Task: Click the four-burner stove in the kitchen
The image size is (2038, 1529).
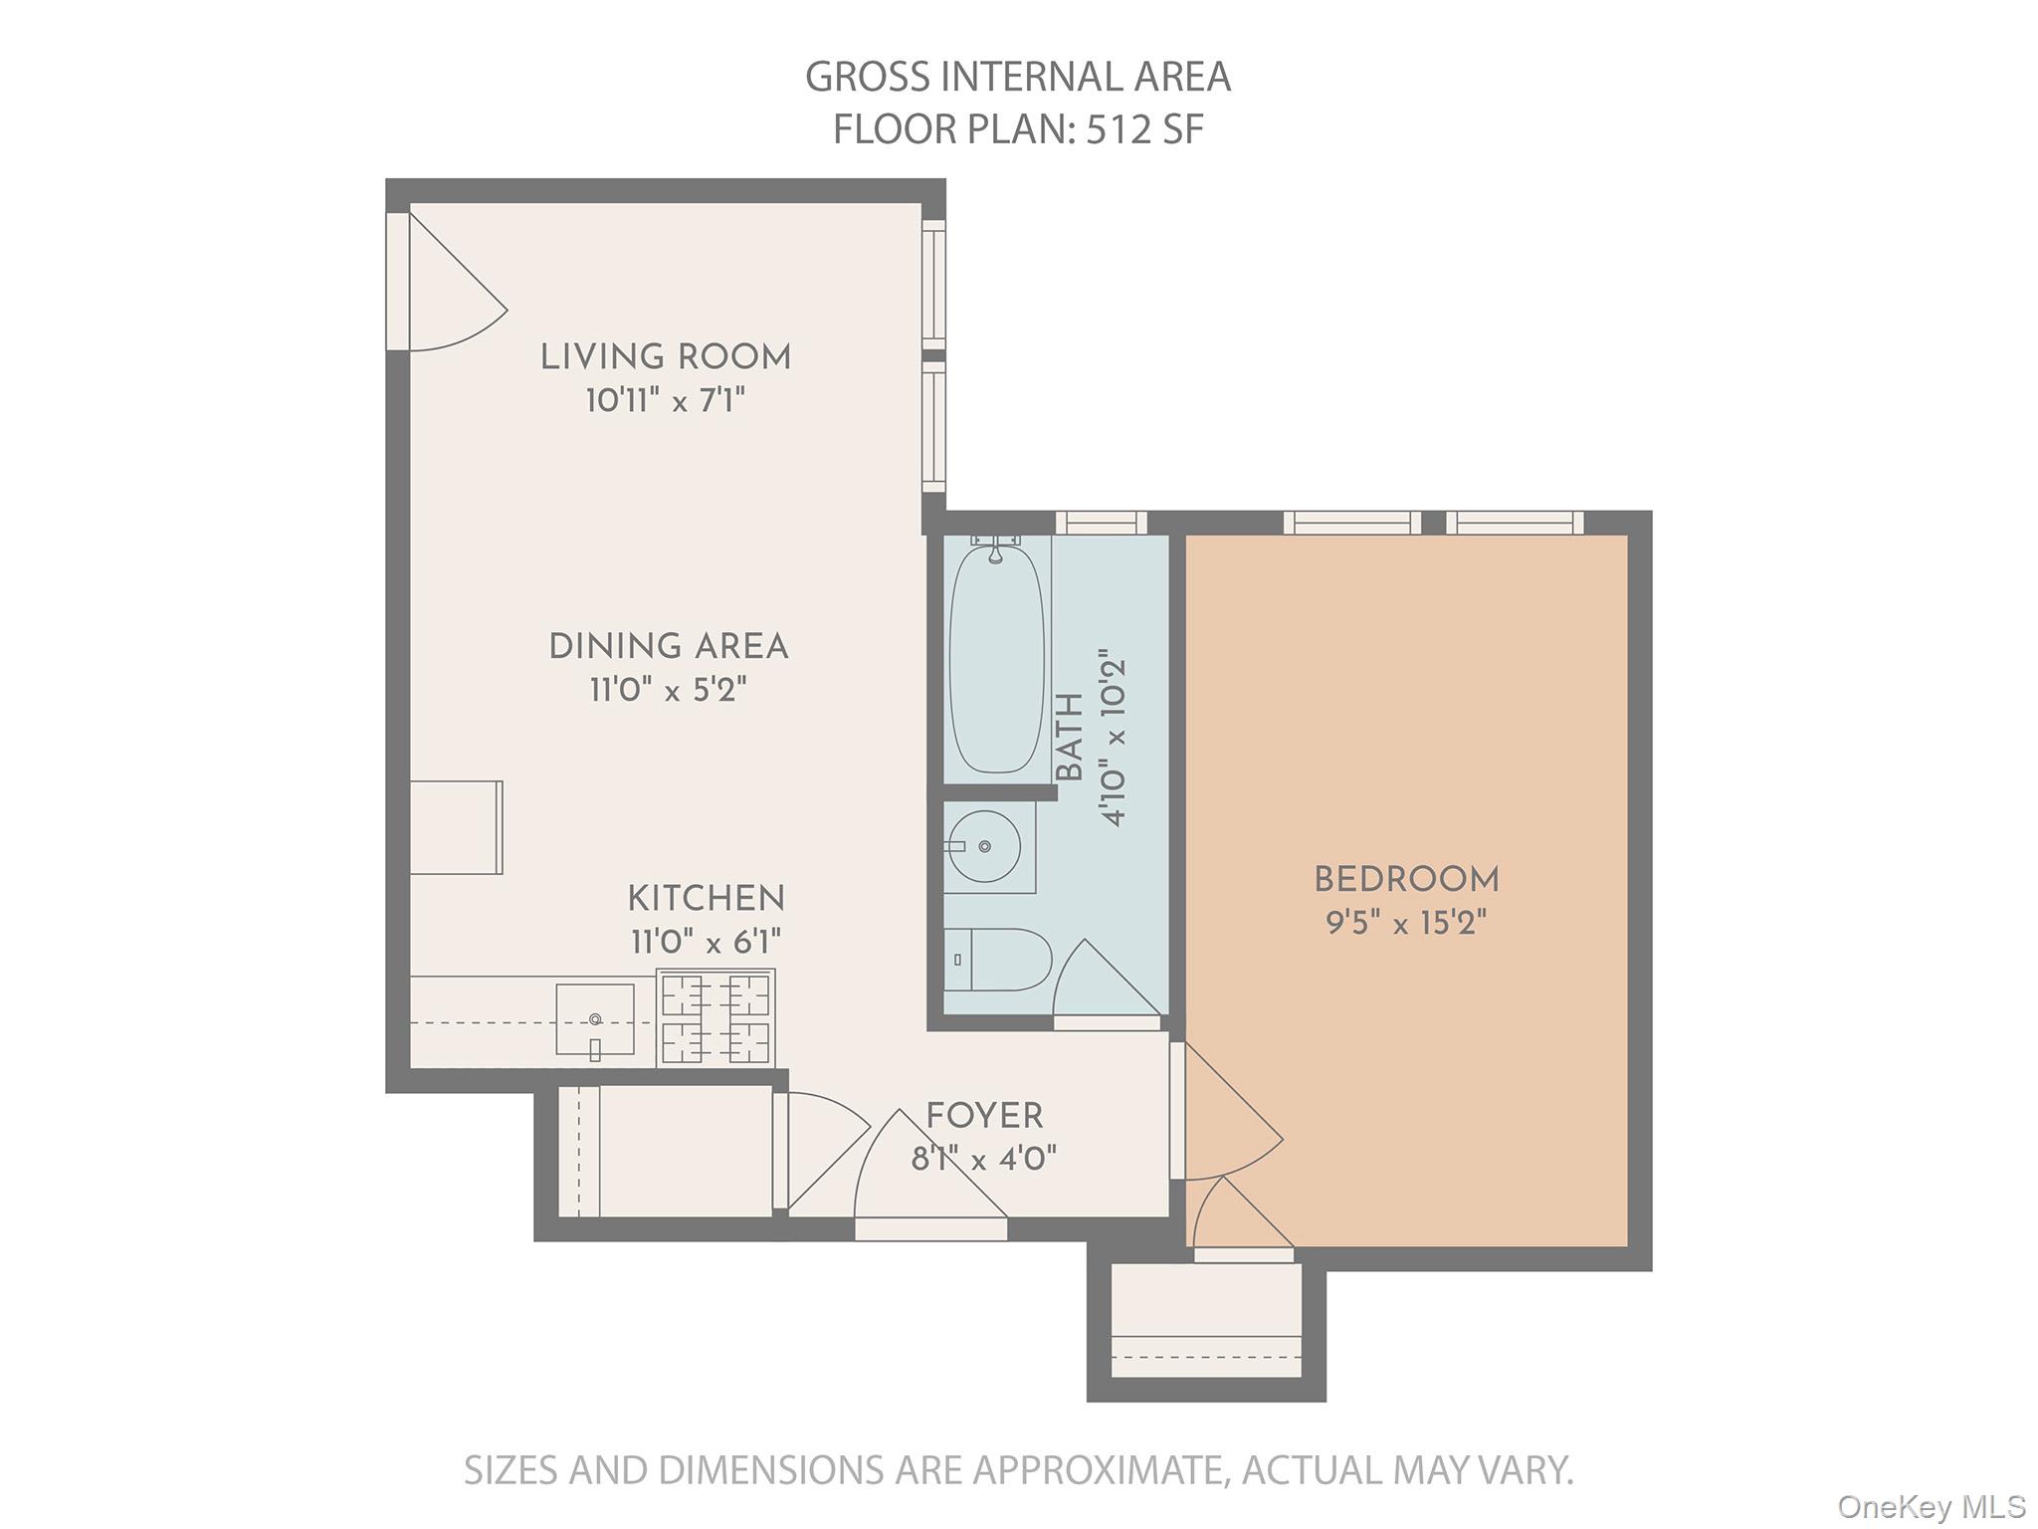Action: (715, 1019)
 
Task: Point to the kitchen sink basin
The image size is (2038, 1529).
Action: (594, 1019)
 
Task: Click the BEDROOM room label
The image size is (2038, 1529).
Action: (1406, 880)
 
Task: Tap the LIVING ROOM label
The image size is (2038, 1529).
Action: (666, 357)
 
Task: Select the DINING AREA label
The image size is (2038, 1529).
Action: (669, 647)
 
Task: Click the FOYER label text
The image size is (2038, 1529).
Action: (984, 1116)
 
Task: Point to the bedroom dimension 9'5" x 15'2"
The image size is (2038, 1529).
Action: (1406, 924)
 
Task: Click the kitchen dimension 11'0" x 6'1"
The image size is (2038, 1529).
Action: (706, 942)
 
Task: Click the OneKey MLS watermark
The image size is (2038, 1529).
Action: (1931, 1505)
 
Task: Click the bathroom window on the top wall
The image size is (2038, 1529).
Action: (1101, 523)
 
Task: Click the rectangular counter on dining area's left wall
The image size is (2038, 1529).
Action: (456, 827)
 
